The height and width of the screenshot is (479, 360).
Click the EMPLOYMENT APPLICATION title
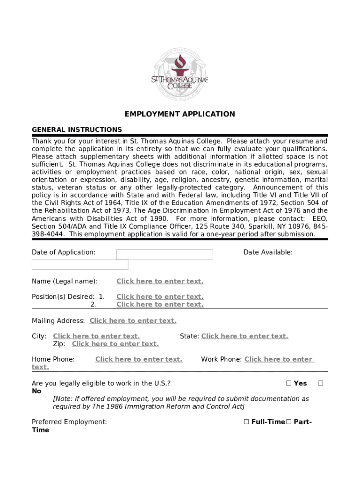[180, 114]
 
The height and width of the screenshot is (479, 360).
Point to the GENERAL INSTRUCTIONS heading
[77, 130]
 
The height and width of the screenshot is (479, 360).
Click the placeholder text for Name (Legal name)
[160, 281]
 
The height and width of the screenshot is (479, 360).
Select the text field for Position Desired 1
[160, 297]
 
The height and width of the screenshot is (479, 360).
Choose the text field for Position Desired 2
[160, 305]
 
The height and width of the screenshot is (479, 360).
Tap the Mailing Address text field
[133, 320]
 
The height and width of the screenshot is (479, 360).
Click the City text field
[96, 336]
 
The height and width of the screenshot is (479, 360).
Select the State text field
[245, 336]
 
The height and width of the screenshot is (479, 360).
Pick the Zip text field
[115, 344]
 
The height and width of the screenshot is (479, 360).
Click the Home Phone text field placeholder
[138, 359]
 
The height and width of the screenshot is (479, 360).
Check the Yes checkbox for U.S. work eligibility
[288, 384]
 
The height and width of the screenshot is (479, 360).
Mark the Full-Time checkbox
[246, 422]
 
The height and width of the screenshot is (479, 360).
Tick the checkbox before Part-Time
[288, 422]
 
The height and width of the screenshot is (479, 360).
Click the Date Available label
[268, 252]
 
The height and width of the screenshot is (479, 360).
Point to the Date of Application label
[64, 252]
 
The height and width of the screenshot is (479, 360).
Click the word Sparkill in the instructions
[266, 226]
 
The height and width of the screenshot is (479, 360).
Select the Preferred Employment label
[69, 422]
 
